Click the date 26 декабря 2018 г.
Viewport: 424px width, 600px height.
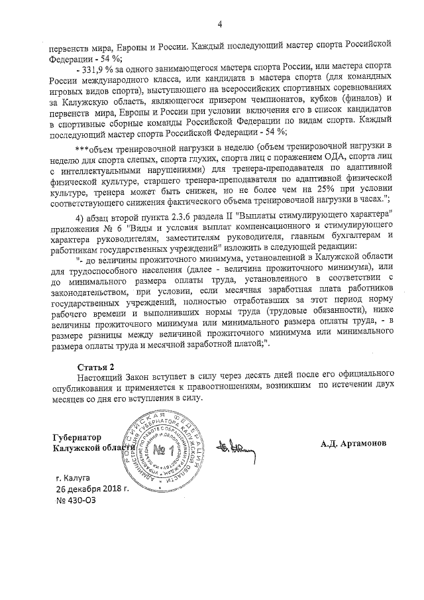(92, 489)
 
